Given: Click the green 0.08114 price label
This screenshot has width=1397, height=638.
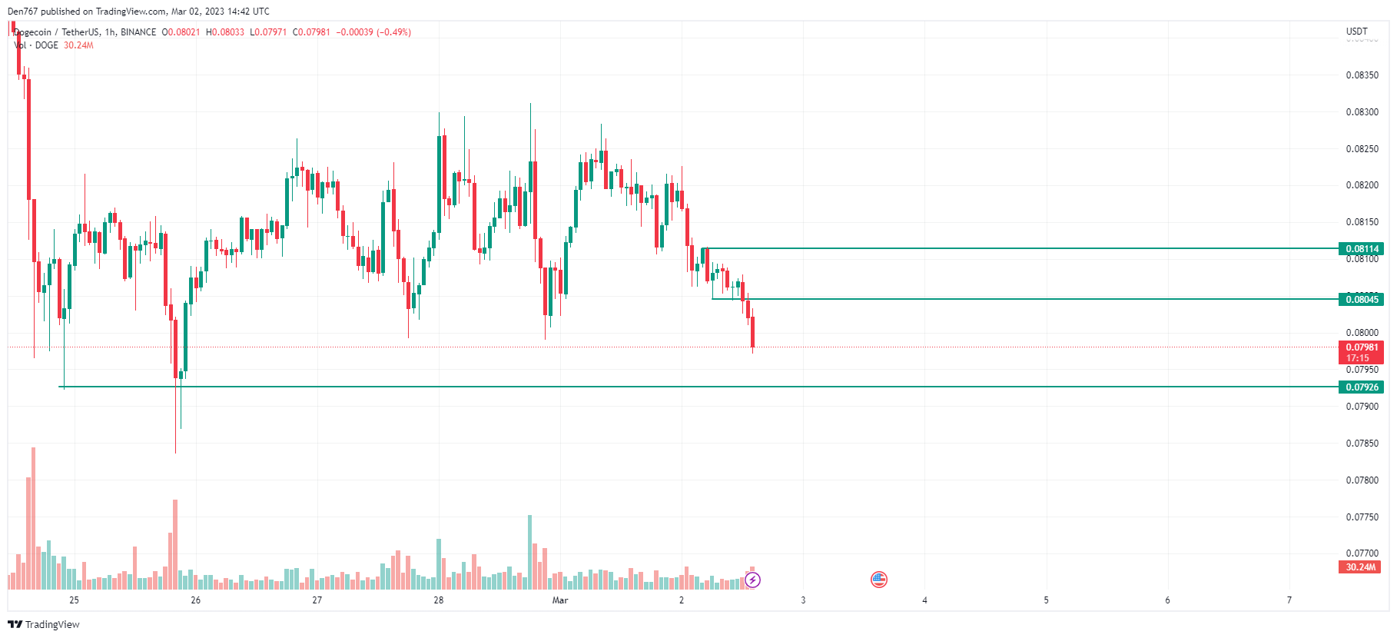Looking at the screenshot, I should click(1361, 248).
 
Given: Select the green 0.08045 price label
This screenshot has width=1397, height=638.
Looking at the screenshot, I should click(1361, 299).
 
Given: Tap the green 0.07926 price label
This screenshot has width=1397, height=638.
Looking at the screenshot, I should click(1361, 387).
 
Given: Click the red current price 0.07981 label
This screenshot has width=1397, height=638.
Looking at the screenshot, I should click(1361, 347).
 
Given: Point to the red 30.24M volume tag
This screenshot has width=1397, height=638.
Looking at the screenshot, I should click(1360, 567).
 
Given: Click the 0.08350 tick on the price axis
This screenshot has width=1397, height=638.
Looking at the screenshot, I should click(1362, 75).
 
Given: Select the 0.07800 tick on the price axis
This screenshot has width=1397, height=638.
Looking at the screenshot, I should click(1362, 480).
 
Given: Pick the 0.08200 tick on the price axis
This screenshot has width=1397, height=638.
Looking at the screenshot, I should click(1362, 185).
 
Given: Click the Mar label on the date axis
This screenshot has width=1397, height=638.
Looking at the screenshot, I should click(560, 600).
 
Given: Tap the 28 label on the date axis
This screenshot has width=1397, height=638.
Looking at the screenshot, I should click(439, 600).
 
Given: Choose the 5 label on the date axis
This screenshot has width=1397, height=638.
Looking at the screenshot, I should click(1046, 600).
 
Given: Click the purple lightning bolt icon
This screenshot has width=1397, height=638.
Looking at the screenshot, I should click(753, 580).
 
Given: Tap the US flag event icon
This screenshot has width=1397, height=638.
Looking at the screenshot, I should click(879, 580).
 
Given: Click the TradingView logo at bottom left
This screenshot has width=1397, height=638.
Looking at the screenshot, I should click(44, 624).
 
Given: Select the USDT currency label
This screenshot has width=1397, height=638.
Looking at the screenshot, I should click(1356, 32).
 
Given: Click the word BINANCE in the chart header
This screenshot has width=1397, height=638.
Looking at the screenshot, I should click(138, 32).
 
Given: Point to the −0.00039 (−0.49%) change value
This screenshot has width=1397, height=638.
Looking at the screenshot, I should click(373, 32).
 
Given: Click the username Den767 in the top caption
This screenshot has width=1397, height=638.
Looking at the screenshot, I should click(22, 12).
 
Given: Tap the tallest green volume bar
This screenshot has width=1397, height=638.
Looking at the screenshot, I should click(529, 552).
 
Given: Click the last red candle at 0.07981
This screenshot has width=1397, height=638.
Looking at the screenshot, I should click(752, 331).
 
